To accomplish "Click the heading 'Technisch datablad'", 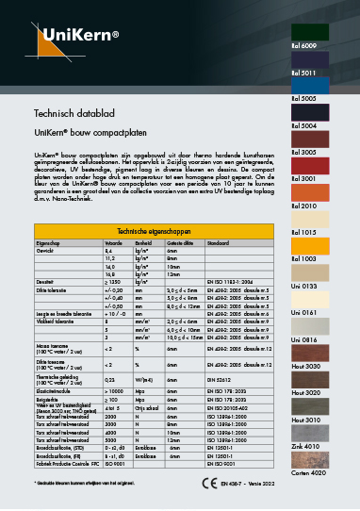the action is coord(74,113).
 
